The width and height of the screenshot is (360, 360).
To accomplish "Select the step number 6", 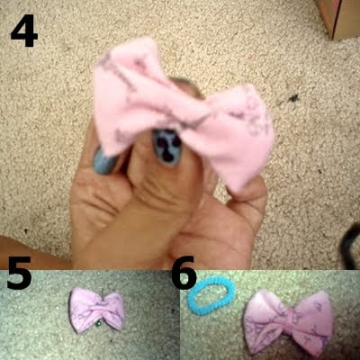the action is pyautogui.click(x=184, y=273).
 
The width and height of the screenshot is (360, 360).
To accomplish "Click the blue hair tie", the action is pyautogui.click(x=211, y=296).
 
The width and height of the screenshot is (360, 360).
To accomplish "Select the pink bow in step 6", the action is pyautogui.click(x=288, y=323).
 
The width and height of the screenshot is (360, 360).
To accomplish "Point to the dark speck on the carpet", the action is pyautogui.click(x=292, y=98).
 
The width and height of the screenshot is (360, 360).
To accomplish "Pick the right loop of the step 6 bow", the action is pyautogui.click(x=313, y=324).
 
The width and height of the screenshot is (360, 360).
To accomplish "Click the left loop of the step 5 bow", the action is pyautogui.click(x=83, y=310).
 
